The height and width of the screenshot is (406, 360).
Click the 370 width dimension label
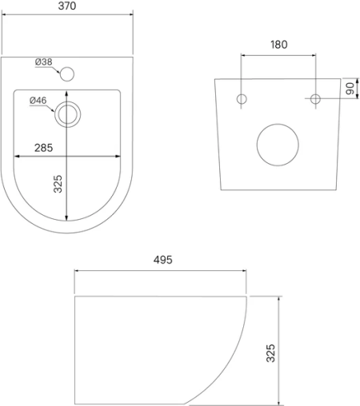click(x=67, y=6)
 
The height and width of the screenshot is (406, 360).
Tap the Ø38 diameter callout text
click(x=44, y=62)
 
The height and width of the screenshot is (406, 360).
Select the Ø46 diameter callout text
click(x=38, y=101)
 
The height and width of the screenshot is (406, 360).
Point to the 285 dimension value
click(x=44, y=148)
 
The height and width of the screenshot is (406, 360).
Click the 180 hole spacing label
click(x=279, y=45)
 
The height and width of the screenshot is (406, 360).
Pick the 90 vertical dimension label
click(x=350, y=89)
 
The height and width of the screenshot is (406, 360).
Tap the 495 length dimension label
click(x=163, y=260)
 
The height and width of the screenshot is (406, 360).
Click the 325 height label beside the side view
click(x=270, y=353)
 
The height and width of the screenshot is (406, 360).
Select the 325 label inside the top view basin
click(x=58, y=184)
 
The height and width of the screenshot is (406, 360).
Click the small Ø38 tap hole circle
click(x=67, y=74)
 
